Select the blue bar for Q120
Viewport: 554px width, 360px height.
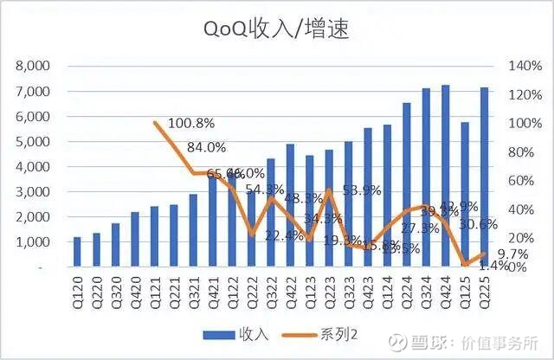77,252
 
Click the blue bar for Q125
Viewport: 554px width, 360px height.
465,195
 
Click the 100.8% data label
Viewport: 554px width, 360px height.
192,123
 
